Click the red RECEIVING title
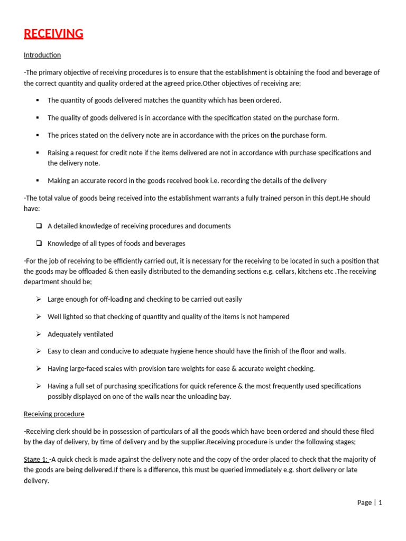pyautogui.click(x=53, y=34)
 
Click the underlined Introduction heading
pyautogui.click(x=42, y=55)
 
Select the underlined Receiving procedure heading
pyautogui.click(x=54, y=414)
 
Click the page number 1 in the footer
pyautogui.click(x=380, y=502)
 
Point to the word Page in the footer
pyautogui.click(x=364, y=502)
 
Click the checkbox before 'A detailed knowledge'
pyautogui.click(x=39, y=226)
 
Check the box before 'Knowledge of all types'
pyautogui.click(x=39, y=244)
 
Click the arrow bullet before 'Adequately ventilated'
pyautogui.click(x=39, y=334)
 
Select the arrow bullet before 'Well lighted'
pyautogui.click(x=39, y=316)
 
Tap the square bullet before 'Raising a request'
pyautogui.click(x=38, y=153)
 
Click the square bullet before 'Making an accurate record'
pyautogui.click(x=38, y=181)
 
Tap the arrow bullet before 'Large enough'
pyautogui.click(x=39, y=299)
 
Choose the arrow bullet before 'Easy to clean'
pyautogui.click(x=39, y=351)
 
